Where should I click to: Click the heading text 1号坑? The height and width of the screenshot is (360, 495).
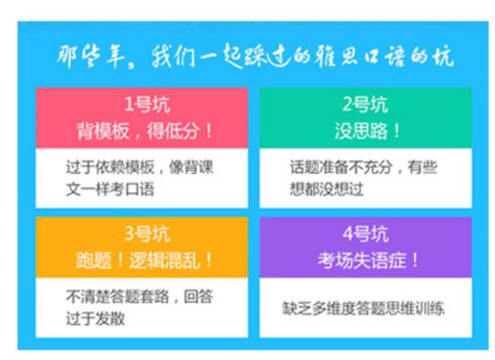coord(147,104)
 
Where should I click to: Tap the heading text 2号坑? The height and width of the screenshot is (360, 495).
coord(365,104)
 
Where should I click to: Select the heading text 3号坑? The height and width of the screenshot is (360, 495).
coord(147,234)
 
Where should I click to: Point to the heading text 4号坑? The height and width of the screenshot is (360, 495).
coord(365,234)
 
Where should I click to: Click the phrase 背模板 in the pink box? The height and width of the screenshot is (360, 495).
coord(103,130)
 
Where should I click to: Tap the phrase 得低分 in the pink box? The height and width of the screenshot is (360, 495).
coord(173,130)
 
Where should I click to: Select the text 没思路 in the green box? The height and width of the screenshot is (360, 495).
coord(361,130)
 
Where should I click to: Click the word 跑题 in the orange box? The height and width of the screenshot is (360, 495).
coord(94,260)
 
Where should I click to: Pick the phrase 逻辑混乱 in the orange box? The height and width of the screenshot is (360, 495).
coord(165,260)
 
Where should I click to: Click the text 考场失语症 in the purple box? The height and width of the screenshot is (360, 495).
coord(362,260)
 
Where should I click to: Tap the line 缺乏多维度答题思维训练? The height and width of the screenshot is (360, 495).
coord(364,309)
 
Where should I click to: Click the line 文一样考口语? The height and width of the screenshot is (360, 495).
coord(110,189)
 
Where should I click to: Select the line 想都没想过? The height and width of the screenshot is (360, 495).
coord(327,189)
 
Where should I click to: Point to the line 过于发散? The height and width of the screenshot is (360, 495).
coord(95,319)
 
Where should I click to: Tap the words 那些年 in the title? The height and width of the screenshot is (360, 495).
coord(89,57)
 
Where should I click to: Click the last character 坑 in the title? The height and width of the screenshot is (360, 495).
coord(444,57)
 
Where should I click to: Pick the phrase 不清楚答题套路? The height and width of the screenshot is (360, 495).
coord(117,296)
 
